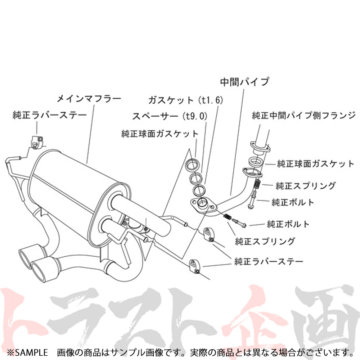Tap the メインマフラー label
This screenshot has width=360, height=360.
[89, 98]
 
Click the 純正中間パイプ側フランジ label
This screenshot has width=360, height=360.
[303, 116]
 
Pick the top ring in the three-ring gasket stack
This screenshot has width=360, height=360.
[192, 165]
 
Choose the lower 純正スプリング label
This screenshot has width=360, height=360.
[265, 241]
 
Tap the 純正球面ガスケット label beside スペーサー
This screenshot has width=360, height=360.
[159, 134]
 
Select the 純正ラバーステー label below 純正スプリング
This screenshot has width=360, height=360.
[269, 260]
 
